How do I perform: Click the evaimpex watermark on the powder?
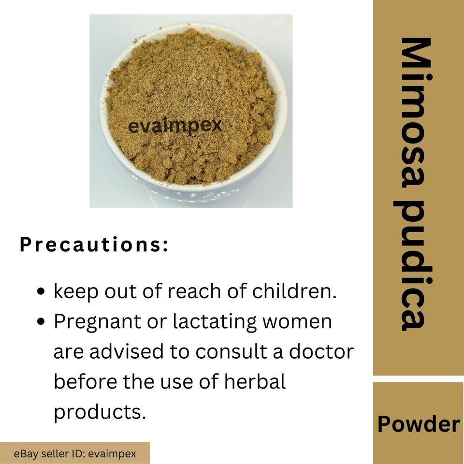[175, 126]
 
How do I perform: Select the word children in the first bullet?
[294, 291]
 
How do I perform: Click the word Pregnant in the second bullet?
[97, 322]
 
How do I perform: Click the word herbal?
[255, 381]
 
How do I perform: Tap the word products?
[100, 412]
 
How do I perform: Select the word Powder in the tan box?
[419, 424]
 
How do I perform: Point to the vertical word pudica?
[414, 264]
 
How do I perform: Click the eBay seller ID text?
[75, 454]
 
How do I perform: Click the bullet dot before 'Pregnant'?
[42, 322]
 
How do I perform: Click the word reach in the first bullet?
[195, 291]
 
